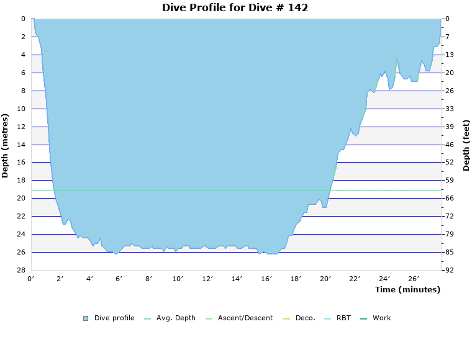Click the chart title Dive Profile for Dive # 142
coord(235,7)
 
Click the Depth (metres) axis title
coord(6,145)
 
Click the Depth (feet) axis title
coord(466,145)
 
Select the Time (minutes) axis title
coord(407,289)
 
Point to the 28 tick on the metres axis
coord(21,270)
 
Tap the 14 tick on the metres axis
coord(21,145)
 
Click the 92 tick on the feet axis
coord(450,270)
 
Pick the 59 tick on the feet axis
coord(450,180)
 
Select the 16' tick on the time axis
coord(266,279)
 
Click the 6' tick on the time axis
coord(119,279)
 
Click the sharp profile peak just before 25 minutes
coord(396,57)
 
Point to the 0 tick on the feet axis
coord(447,19)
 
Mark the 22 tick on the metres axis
coord(21,216)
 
